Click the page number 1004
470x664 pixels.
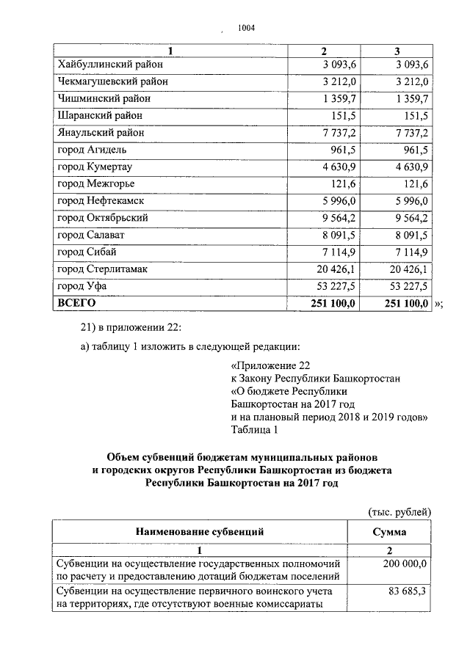pos(245,29)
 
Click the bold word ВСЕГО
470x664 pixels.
pos(76,302)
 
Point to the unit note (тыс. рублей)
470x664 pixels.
pos(399,511)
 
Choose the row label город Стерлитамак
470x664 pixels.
pos(102,269)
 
